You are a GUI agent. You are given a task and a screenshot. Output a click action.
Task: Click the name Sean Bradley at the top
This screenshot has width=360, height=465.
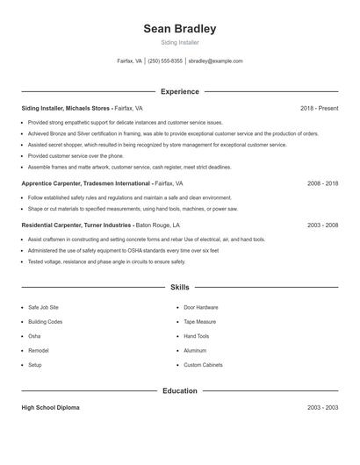tap(180, 29)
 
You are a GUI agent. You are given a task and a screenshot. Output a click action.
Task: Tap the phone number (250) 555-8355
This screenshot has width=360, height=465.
tap(165, 61)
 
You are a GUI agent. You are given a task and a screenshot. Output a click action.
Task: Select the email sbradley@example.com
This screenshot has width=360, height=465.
tap(216, 61)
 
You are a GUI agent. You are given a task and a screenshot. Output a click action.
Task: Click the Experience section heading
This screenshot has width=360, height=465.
tap(180, 91)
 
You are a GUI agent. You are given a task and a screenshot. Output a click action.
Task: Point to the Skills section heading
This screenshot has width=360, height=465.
tap(180, 287)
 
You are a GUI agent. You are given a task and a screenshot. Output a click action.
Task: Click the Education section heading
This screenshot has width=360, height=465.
tap(180, 390)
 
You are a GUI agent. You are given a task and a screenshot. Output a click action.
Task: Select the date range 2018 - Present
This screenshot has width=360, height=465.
tap(319, 108)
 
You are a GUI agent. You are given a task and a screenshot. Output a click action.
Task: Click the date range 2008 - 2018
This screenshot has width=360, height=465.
tap(322, 184)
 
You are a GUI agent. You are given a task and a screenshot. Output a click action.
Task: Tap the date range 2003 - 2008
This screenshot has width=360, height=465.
tap(322, 225)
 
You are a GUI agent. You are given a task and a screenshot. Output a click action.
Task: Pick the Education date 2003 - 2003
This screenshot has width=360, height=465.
tap(322, 408)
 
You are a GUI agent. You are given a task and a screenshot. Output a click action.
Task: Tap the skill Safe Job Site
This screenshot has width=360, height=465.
tap(43, 308)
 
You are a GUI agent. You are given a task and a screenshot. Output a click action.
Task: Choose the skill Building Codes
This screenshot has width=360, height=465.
tap(45, 322)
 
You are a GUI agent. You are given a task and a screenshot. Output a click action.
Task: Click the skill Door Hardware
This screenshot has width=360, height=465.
tap(201, 308)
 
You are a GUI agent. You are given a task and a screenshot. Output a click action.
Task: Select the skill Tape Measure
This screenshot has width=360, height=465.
tap(200, 322)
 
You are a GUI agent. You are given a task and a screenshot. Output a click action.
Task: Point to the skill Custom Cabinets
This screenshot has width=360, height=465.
tap(203, 364)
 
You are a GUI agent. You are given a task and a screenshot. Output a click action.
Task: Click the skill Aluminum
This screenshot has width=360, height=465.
tap(195, 350)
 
